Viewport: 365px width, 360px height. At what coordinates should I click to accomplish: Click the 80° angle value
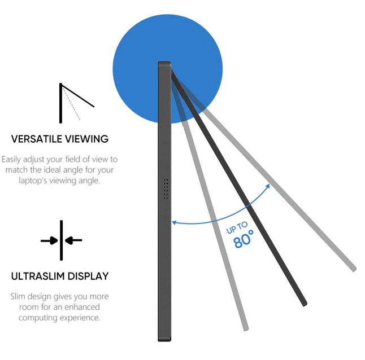[x=244, y=241]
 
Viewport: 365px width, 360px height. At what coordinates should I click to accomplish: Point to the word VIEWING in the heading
[x=88, y=139]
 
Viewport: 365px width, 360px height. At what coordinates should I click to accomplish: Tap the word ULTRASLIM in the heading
[x=38, y=276]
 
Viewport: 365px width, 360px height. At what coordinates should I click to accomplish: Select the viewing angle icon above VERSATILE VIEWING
[x=74, y=102]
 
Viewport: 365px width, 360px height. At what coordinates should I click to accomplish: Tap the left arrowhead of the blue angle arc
[x=175, y=222]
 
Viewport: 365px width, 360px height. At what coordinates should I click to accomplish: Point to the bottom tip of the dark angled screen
[x=304, y=302]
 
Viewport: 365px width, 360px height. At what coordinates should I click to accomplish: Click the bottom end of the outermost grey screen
[x=353, y=267]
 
